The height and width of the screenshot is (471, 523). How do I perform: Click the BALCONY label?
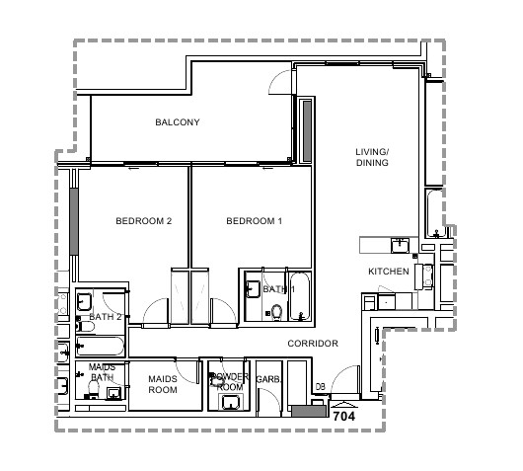[178, 122]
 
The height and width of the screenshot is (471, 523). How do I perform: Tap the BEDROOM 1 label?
[255, 221]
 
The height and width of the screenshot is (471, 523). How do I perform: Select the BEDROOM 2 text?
[144, 221]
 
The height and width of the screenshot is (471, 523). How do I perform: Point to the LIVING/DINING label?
[372, 157]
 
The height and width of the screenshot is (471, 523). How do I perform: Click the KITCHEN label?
[389, 272]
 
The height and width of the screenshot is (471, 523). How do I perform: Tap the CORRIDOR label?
[313, 344]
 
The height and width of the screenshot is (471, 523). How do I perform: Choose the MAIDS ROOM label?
[163, 384]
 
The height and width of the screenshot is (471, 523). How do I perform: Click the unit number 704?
[344, 417]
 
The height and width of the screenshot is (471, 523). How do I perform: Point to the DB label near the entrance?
[320, 387]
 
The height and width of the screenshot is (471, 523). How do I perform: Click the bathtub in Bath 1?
[299, 297]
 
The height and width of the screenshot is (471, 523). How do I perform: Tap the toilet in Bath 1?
[276, 312]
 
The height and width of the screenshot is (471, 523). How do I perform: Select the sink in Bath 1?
[254, 289]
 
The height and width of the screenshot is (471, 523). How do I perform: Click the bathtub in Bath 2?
[100, 346]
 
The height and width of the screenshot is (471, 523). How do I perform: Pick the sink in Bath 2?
[84, 302]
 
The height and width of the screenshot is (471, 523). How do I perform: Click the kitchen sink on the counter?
[401, 245]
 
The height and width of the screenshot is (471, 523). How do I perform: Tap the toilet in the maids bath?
[94, 389]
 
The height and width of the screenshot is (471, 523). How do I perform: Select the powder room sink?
[230, 402]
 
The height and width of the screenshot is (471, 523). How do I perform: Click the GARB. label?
[268, 379]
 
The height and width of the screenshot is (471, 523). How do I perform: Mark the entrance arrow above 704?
[344, 405]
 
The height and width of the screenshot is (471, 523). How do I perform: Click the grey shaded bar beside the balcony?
[307, 131]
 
